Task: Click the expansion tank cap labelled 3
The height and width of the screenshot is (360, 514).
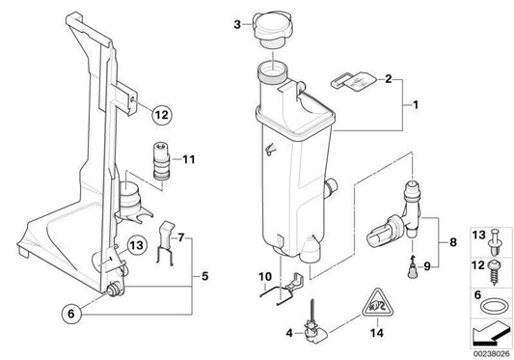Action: pos(271,30)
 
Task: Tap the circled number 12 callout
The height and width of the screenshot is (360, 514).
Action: pos(162,115)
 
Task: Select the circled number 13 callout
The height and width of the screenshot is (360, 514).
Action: pos(137,245)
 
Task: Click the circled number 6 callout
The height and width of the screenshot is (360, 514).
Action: pos(71,314)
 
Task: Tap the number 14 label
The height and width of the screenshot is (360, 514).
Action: pos(377,333)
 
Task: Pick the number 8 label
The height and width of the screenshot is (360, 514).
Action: pos(453,242)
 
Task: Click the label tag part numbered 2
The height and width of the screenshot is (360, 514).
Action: pos(354,80)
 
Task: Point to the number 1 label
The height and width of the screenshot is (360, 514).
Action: pos(416,105)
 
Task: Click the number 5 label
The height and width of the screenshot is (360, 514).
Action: pos(204,276)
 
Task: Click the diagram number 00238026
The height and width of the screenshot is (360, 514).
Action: pos(492,354)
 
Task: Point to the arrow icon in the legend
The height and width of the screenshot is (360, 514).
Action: pos(491,333)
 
